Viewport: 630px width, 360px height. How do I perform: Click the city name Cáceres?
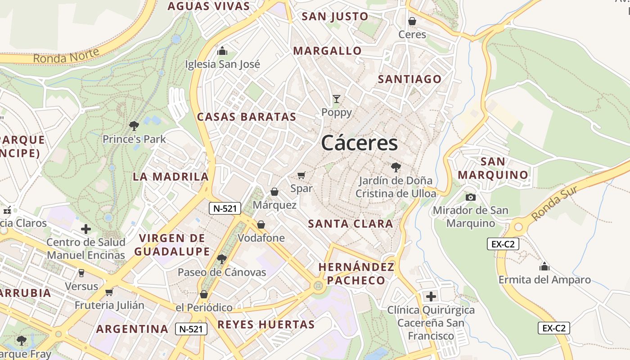(x=360, y=143)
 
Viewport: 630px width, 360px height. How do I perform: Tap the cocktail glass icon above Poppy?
(x=336, y=99)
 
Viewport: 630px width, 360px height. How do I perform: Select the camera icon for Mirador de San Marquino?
(x=471, y=197)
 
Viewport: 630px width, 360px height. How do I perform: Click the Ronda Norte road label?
(x=66, y=56)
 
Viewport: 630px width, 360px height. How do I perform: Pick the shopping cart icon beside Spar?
(x=301, y=175)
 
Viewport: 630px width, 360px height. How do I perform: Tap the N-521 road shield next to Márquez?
(x=225, y=208)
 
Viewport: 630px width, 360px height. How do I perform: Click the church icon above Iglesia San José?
(x=222, y=51)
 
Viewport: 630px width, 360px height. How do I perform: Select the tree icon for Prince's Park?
(x=134, y=126)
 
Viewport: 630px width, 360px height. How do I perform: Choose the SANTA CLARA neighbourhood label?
(x=351, y=224)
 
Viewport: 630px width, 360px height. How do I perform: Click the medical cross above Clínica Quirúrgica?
(x=431, y=297)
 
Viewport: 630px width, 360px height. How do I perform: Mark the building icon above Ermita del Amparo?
(x=544, y=266)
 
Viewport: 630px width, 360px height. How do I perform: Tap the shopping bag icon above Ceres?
(x=412, y=21)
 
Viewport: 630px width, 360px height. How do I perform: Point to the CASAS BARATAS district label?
(x=247, y=117)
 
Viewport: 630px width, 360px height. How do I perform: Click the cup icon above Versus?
(x=81, y=273)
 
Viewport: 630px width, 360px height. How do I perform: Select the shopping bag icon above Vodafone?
(x=261, y=225)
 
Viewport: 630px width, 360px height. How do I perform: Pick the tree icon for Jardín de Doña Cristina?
(x=396, y=167)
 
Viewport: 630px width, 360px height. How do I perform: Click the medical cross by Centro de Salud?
(x=86, y=229)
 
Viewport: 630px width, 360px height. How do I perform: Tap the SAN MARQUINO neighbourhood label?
(x=493, y=168)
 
